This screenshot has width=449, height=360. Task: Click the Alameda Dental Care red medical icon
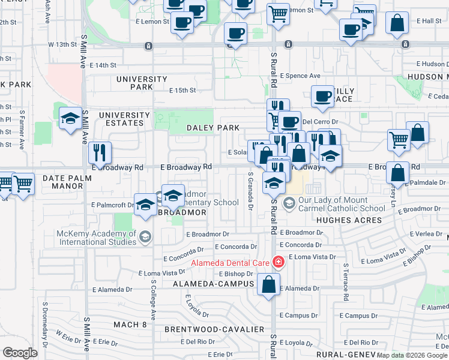point(278,262)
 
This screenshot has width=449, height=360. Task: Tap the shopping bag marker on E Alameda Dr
point(268,284)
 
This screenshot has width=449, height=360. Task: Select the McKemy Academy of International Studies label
point(96,238)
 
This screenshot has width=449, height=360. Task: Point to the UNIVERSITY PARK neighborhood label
point(142,83)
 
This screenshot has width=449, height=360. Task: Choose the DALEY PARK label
point(213,128)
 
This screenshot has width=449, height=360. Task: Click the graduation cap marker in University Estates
point(70,118)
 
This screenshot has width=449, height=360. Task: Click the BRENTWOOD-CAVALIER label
point(214,329)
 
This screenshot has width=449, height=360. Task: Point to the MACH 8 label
point(130,325)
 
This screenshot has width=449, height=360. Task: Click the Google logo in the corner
point(20,353)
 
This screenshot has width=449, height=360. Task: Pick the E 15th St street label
point(182,91)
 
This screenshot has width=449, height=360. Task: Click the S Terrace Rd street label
point(346,282)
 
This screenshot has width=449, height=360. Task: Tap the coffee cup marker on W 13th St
point(235,34)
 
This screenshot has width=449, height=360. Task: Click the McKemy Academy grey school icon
point(145,238)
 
